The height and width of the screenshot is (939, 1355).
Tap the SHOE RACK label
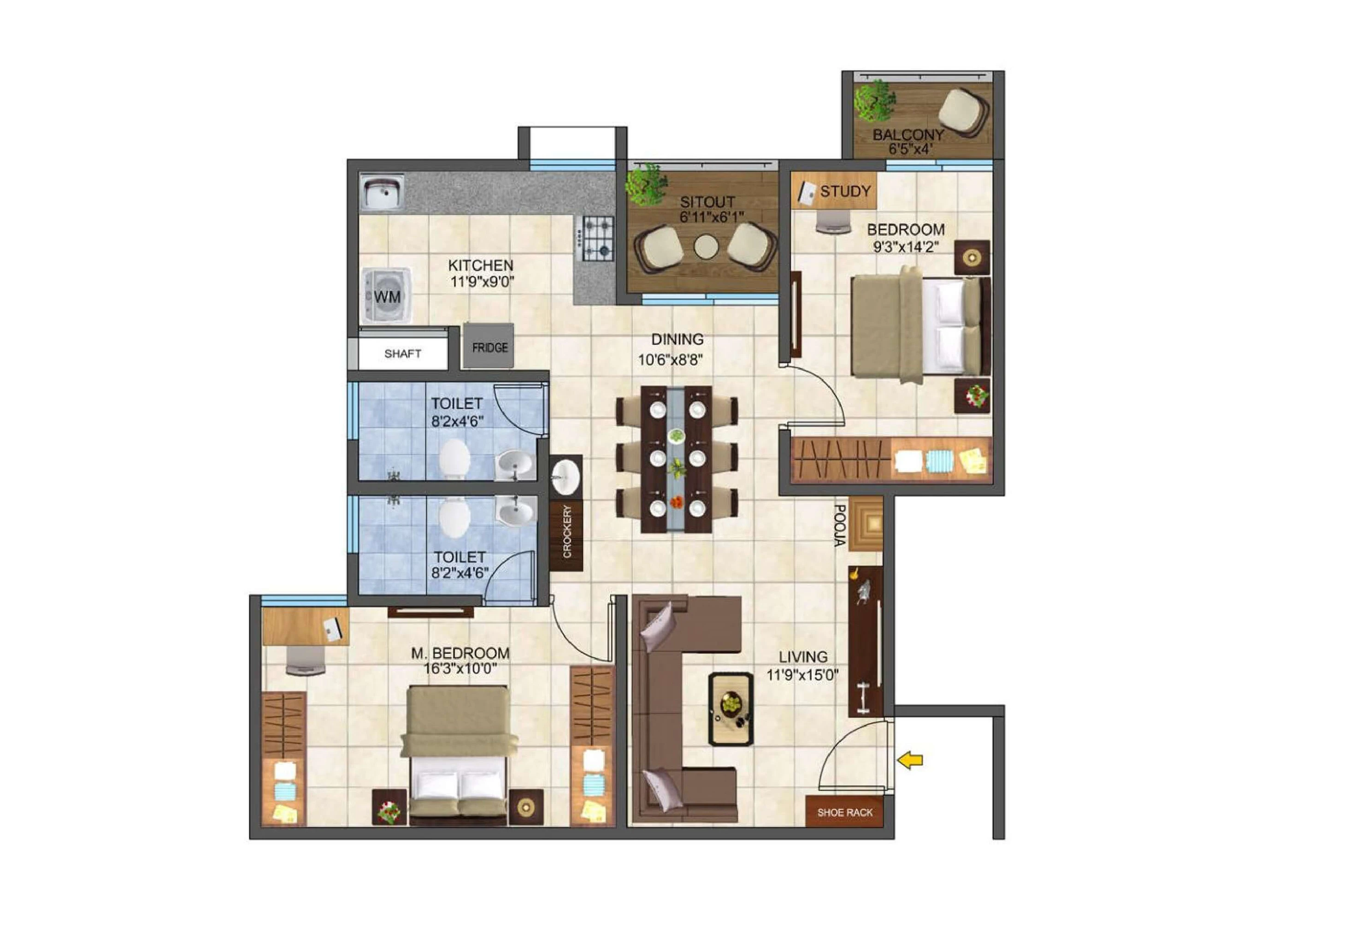pos(844,813)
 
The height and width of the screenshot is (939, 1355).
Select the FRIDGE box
pos(489,347)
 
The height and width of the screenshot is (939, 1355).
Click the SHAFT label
pos(403,354)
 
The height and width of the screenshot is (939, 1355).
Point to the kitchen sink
pos(382,192)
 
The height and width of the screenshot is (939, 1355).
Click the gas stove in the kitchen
pos(597,238)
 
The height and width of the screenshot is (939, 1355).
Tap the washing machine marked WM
pos(386,296)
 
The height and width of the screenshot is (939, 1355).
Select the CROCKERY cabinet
pos(566,532)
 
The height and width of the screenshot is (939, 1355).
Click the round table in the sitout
pos(706,247)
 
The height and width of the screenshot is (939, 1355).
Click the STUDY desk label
pos(845,191)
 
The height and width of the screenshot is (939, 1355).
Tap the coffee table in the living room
pos(731,709)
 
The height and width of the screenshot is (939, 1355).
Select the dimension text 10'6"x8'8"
pos(671,360)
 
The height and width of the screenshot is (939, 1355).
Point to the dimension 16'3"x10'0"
pos(460,669)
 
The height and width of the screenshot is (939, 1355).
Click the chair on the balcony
pos(963,112)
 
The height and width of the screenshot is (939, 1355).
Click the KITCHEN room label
pos(481,266)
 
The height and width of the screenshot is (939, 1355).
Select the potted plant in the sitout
pos(646,183)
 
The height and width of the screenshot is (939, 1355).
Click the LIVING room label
pos(803,656)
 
